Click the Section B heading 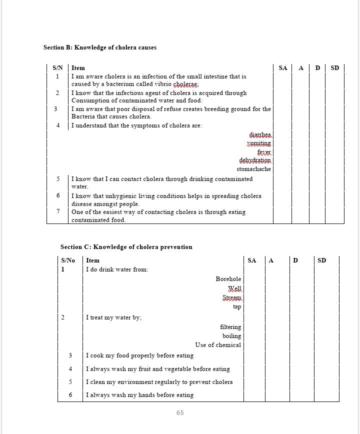(x=100, y=47)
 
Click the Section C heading (x=126, y=247)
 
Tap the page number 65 (x=180, y=413)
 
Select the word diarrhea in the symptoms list (x=260, y=135)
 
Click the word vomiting (x=259, y=143)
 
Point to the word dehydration (x=255, y=160)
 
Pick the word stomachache (x=253, y=169)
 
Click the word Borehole (x=228, y=279)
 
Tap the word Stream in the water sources (x=232, y=297)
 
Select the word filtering (x=230, y=327)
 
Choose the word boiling (x=231, y=336)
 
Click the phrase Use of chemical (x=218, y=345)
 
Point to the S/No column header (x=68, y=260)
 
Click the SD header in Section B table (x=334, y=68)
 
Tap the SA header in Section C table (x=252, y=260)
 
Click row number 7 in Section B (x=58, y=211)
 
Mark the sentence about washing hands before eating (x=139, y=395)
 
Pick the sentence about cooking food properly (x=139, y=355)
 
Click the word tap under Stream (x=237, y=306)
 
